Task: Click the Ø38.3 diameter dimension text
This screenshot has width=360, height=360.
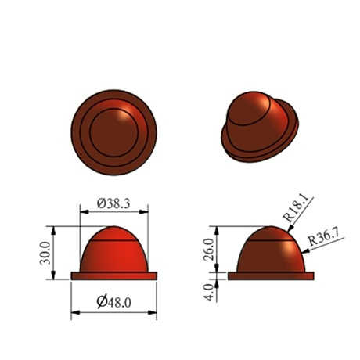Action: pos(113,203)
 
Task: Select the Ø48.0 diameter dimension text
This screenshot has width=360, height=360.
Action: pos(113,302)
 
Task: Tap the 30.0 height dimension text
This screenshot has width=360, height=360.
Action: pos(45,253)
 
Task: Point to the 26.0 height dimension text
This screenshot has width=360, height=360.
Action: pos(208,249)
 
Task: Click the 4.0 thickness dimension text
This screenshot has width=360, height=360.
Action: pos(209,292)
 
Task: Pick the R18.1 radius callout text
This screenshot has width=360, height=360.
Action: pos(296,209)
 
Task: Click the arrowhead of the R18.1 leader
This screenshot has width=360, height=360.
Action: pos(290,229)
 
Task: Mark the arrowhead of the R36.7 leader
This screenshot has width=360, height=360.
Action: pos(304,251)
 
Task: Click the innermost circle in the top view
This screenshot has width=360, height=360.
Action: pos(90,131)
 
